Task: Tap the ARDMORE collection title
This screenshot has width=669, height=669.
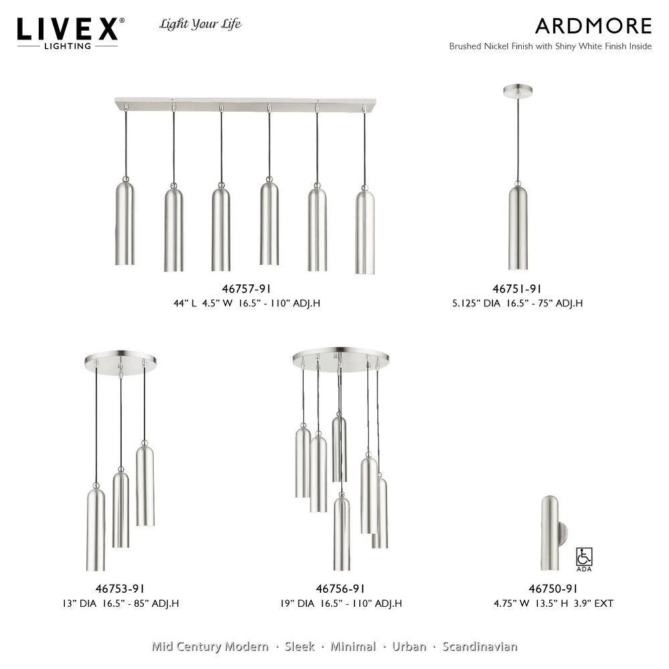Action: tap(593, 26)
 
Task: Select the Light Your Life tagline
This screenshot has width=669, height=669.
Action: tap(200, 25)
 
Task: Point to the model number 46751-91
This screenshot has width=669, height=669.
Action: tap(516, 289)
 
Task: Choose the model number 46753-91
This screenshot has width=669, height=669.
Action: tap(120, 589)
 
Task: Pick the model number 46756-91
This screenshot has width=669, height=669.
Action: tap(340, 589)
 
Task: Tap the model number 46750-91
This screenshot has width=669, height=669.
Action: tap(553, 589)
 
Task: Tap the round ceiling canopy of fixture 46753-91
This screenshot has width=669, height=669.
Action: tap(120, 362)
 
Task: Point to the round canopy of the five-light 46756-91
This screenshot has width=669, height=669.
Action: tap(340, 357)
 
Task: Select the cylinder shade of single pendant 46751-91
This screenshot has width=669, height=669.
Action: tap(517, 227)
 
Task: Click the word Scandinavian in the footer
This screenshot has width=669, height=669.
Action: tap(480, 646)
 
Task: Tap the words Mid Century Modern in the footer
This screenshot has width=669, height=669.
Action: tap(210, 646)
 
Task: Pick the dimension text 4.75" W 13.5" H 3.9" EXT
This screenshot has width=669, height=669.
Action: tap(553, 603)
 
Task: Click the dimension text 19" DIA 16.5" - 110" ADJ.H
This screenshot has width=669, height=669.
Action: tap(341, 603)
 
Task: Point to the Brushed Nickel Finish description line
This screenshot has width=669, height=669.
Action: tap(550, 47)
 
